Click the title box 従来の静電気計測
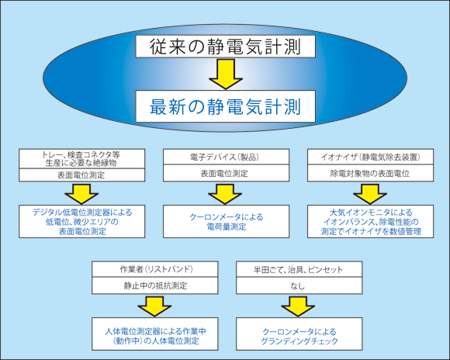225,47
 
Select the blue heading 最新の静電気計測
225,106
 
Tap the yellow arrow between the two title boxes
226,74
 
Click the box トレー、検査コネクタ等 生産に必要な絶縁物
81,158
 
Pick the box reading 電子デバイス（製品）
226,157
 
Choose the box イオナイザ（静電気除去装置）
371,157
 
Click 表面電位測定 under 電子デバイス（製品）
226,173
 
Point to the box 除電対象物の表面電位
371,173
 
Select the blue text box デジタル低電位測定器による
81,221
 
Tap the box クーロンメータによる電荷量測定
226,221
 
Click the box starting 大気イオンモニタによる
371,221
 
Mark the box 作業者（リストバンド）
155,269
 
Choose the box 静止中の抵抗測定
155,286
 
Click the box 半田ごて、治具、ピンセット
299,269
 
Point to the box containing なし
299,286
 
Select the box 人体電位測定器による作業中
155,334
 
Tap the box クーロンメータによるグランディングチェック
299,334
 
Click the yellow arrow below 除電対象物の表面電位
370,194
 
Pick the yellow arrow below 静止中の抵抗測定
154,306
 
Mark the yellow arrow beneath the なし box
298,306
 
